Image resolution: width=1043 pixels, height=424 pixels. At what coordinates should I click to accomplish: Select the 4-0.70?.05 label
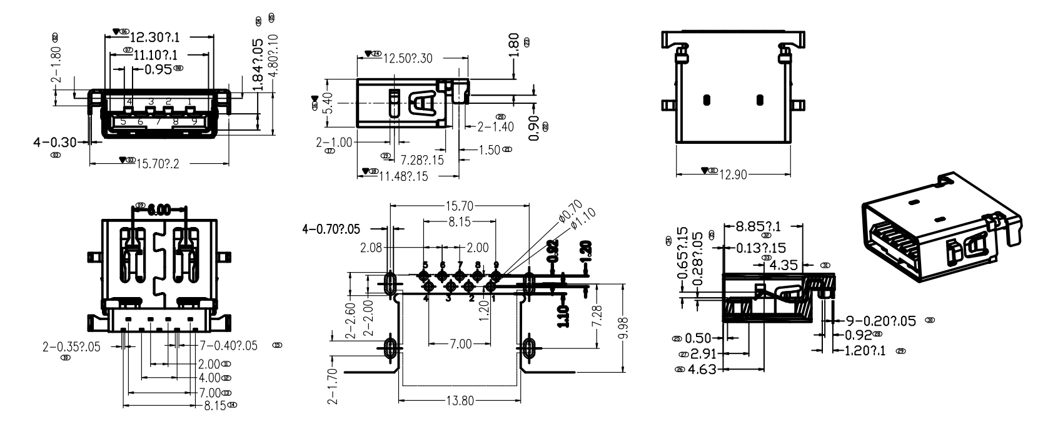[331, 230]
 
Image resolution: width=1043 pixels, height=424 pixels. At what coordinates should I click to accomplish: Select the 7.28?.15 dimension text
[421, 159]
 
